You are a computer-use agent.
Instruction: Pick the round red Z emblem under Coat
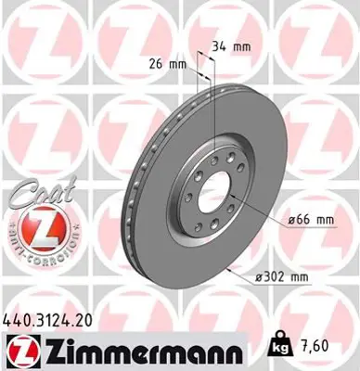tap(38, 226)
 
